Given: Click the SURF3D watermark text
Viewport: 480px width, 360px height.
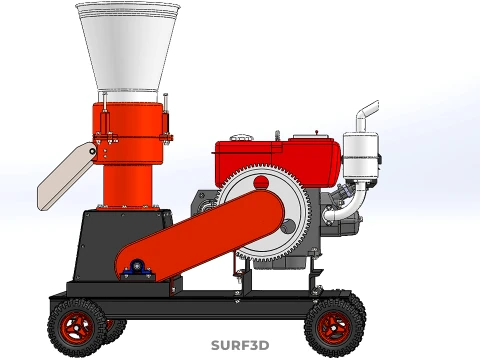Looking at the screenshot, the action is coord(240,345).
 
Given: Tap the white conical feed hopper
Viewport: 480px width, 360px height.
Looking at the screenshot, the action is coord(128,47).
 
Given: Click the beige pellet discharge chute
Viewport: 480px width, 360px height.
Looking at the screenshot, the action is coord(66,176).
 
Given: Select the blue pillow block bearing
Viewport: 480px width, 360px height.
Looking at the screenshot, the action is coord(138,269).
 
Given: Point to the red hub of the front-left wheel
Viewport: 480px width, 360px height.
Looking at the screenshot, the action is coord(76,328).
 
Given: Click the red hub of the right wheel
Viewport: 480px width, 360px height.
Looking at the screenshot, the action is coord(334,328).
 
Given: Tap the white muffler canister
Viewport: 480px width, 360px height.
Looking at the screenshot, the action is coord(361,156).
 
